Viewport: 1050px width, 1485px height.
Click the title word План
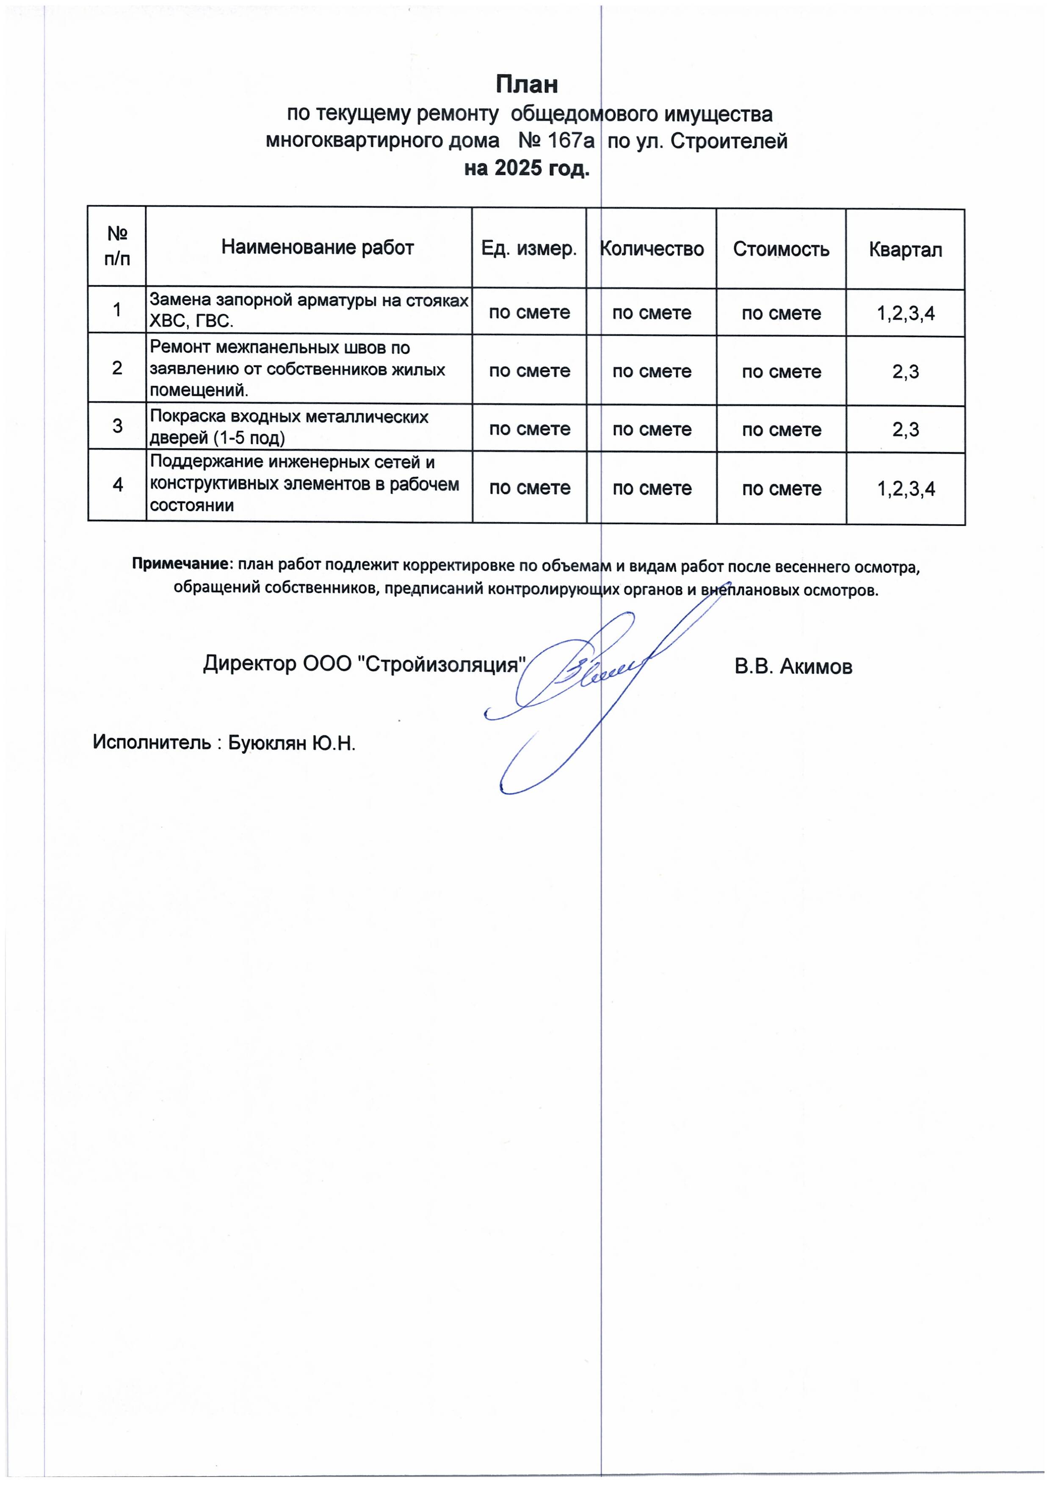(527, 84)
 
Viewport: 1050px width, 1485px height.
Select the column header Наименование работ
(317, 247)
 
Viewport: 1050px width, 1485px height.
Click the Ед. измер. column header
(528, 249)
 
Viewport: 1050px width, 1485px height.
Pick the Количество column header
(652, 249)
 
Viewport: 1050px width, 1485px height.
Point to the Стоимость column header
(781, 250)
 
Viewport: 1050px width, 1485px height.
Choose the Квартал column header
(905, 250)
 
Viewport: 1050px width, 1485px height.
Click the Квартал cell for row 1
(906, 314)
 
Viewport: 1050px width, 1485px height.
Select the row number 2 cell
(117, 368)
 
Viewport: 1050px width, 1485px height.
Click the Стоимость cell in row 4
(782, 489)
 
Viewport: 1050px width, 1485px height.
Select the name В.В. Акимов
(793, 667)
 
